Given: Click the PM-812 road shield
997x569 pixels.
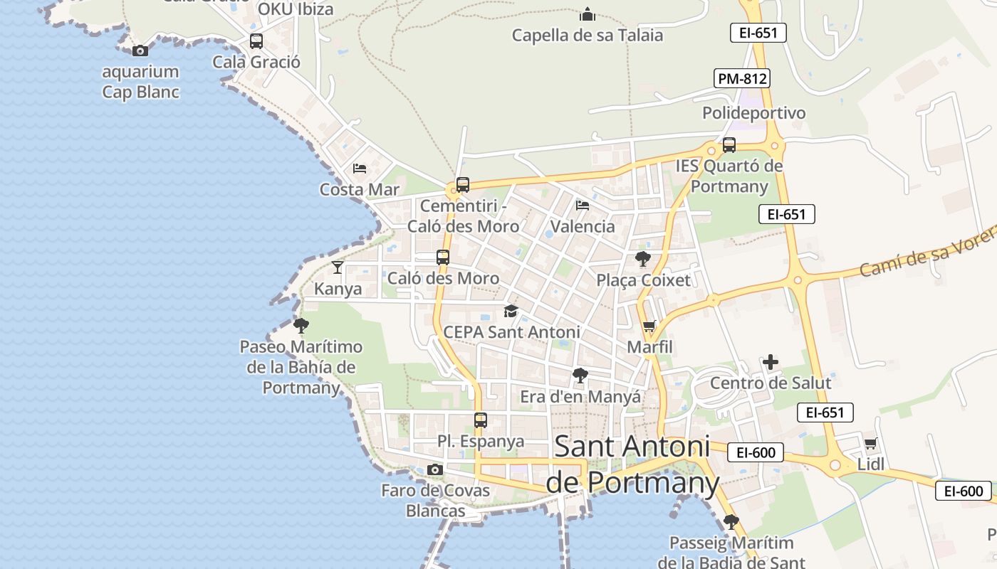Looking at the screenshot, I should point(743,78).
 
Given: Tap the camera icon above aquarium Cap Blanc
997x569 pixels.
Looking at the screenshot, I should point(140,50).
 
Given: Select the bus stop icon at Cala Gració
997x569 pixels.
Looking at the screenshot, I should point(256,41).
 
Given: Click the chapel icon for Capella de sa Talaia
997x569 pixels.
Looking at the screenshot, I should point(588,14).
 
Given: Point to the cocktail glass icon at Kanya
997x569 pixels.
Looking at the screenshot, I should point(338,267).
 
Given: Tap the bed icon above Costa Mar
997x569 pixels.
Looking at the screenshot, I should point(360,169).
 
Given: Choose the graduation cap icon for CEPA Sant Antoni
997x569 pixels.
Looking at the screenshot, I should point(511,311).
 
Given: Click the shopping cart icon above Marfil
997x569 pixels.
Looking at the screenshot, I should point(649,327).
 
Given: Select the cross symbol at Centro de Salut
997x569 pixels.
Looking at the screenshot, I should point(771,362).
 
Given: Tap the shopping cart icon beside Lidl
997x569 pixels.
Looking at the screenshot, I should point(870,444).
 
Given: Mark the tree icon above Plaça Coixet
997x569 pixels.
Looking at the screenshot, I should point(643,259).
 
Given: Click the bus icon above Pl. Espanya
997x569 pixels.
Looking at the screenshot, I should point(481,420).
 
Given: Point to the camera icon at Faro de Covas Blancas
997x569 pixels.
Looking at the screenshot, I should point(435,469).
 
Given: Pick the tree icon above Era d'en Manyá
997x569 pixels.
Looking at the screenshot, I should point(580,376).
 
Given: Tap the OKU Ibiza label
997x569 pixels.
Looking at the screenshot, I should point(296,9).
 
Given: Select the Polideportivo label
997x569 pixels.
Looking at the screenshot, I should point(754,113).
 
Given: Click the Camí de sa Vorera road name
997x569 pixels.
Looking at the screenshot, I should point(926,255).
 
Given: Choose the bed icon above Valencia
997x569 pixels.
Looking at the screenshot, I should point(583,206).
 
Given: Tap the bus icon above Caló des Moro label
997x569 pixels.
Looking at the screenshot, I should point(443,257).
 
